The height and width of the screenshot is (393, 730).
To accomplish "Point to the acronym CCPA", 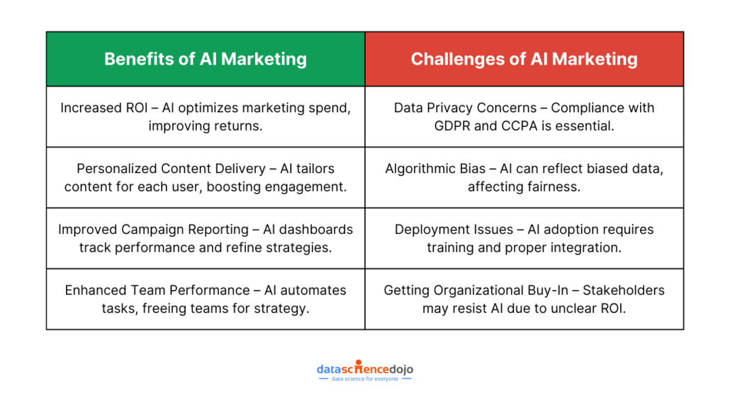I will click(498, 126).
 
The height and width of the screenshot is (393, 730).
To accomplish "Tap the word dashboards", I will click(317, 229).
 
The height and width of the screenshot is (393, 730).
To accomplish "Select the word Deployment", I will click(433, 229).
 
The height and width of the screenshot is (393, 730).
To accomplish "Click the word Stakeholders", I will click(624, 290).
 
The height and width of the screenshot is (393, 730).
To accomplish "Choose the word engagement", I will click(306, 187).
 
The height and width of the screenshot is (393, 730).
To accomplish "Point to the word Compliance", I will click(602, 108).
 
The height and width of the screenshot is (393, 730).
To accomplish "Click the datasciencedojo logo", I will click(364, 369).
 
